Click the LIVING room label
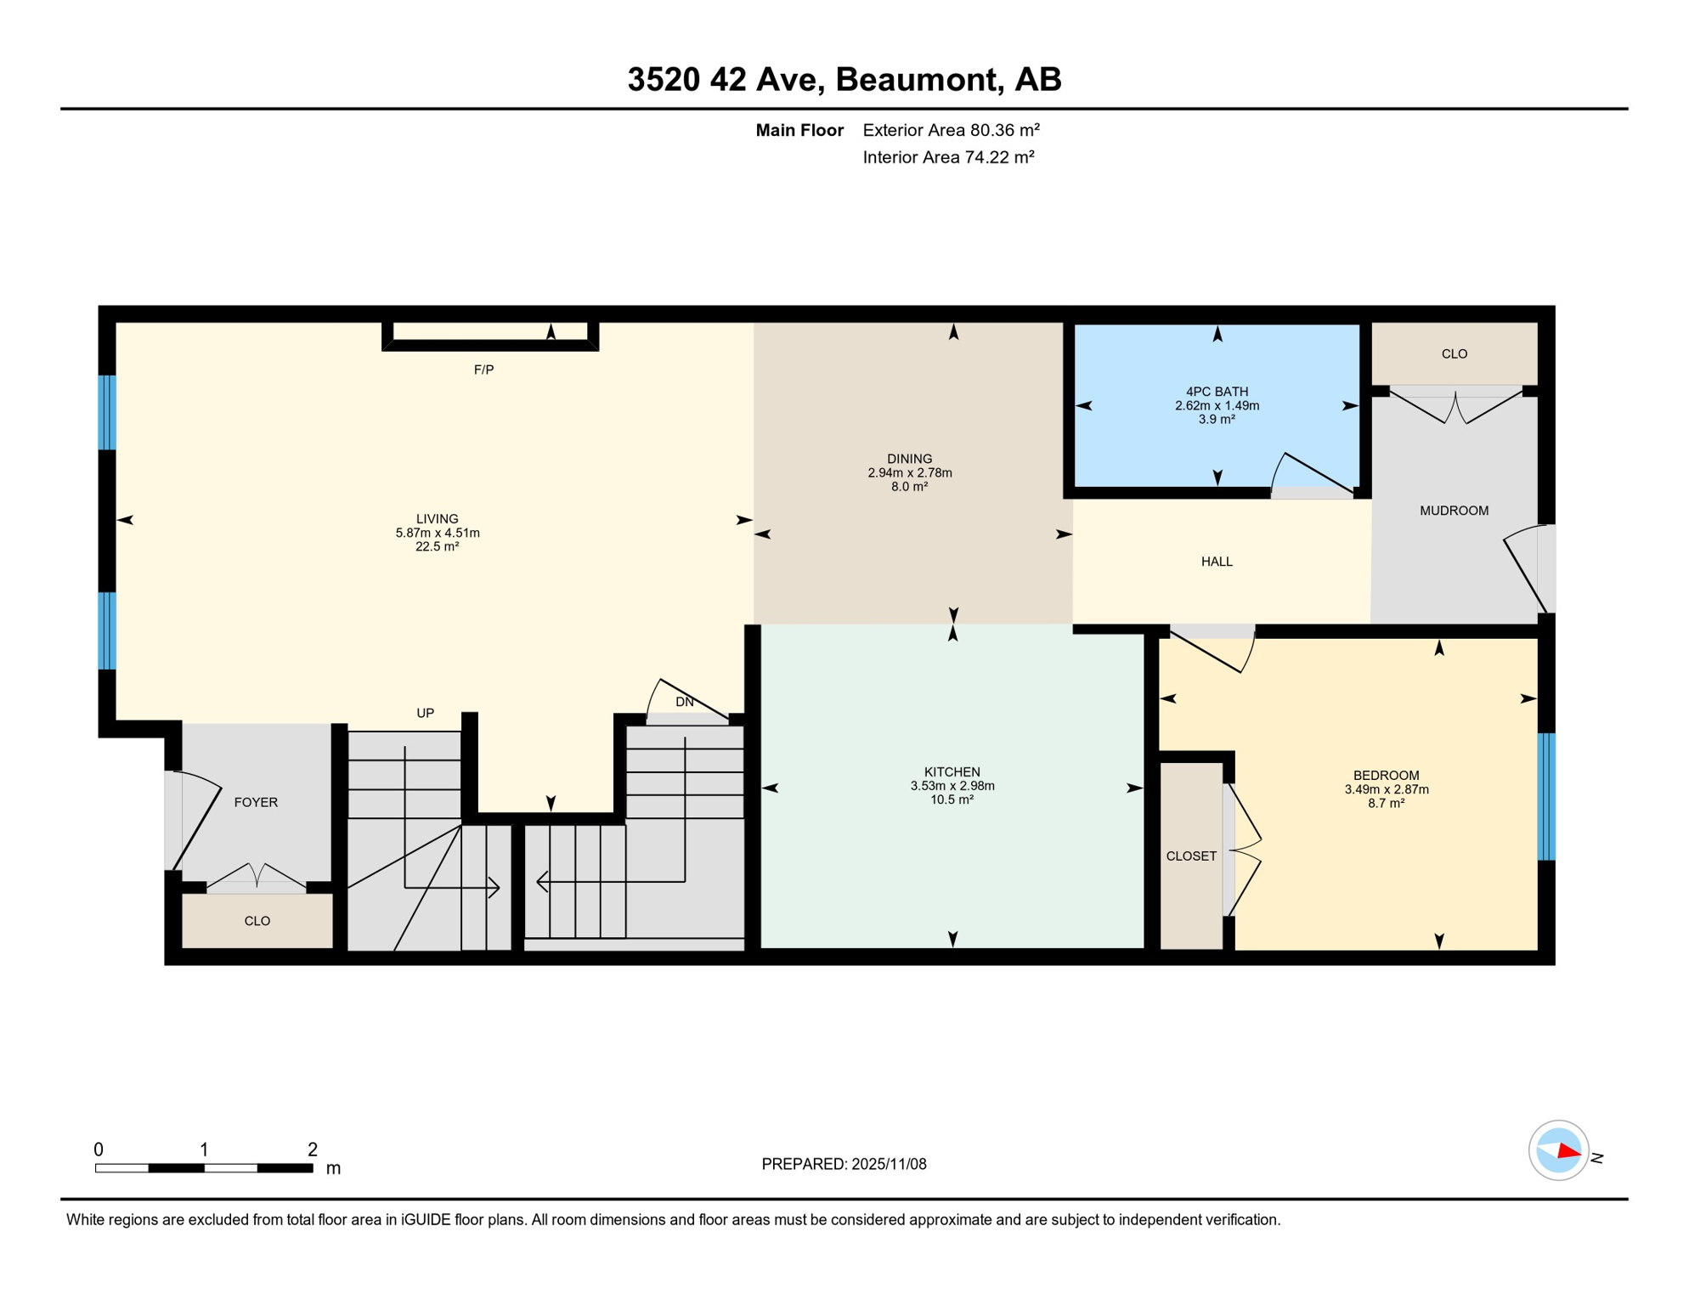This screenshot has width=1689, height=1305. coord(437,518)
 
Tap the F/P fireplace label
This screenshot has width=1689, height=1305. coord(483,370)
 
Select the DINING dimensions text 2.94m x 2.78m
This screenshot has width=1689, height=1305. coord(909,472)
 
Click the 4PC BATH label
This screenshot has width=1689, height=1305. coord(1217,392)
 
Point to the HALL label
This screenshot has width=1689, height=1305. coord(1217,562)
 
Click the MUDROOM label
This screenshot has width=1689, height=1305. coord(1454,511)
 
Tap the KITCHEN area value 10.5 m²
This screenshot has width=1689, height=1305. coord(952,799)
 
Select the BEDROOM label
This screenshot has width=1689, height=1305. coord(1386,775)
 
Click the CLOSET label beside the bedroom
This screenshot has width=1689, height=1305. coord(1191,856)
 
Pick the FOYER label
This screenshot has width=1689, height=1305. coord(256,802)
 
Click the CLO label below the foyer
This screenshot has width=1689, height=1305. coord(257,921)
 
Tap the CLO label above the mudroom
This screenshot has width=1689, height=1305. coord(1454,353)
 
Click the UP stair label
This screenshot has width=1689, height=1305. coord(426,713)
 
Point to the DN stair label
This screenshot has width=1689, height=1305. coord(685,702)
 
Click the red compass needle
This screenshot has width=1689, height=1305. coord(1568,1153)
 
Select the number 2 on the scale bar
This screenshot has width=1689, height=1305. coord(313,1150)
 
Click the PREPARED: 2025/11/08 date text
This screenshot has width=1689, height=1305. coord(844,1164)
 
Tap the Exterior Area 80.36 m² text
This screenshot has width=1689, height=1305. coord(951,130)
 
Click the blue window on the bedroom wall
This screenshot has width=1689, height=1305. coord(1546,796)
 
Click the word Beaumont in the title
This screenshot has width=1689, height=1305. coord(915,80)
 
